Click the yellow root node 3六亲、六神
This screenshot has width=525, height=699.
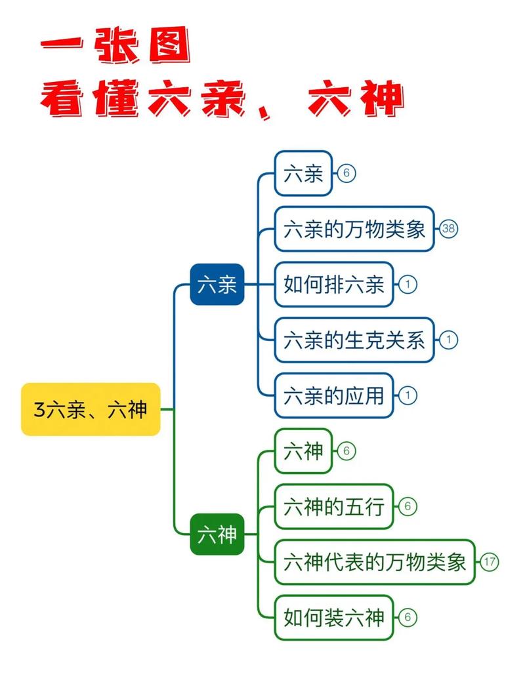click(91, 409)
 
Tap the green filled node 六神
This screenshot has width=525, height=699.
click(217, 534)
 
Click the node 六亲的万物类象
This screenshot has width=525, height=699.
click(354, 229)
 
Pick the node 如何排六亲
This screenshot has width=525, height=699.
click(333, 285)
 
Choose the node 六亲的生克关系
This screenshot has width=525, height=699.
click(354, 340)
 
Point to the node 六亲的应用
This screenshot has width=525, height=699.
click(333, 395)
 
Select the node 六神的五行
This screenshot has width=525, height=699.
click(333, 506)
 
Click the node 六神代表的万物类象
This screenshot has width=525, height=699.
click(375, 562)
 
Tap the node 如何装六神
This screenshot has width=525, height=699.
click(333, 617)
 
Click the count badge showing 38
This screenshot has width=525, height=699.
click(449, 229)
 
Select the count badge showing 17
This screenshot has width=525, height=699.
click(490, 562)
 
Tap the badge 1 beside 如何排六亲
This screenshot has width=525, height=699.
click(408, 285)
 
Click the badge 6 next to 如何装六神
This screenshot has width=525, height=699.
click(408, 617)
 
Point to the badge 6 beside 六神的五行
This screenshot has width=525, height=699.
click(408, 506)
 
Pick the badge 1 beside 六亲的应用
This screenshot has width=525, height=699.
click(408, 395)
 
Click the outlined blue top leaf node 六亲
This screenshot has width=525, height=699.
click(303, 174)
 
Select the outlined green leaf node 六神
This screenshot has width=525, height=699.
click(303, 451)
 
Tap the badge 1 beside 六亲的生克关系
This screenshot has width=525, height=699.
click(449, 340)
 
